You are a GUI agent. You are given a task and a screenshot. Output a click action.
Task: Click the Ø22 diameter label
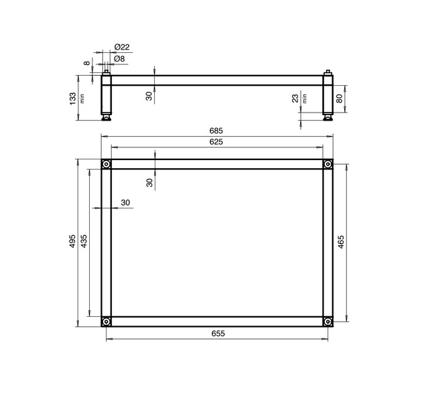coord(122,47)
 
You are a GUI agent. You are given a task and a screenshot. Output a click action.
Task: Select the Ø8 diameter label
coord(119,59)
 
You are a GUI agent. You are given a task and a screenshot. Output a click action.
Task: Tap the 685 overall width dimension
coord(216,131)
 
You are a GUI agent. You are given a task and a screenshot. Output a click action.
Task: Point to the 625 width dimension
coord(216,142)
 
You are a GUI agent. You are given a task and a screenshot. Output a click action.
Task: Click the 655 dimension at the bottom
coord(218,333)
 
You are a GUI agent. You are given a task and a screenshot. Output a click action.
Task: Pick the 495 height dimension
coord(72,241)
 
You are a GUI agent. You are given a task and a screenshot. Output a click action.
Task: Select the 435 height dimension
coord(84,241)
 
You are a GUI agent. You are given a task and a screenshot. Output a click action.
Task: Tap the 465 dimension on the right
coord(341,242)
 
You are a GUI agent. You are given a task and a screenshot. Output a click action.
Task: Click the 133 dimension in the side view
coord(72,98)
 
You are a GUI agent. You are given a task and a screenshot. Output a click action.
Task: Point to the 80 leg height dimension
coord(340,98)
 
